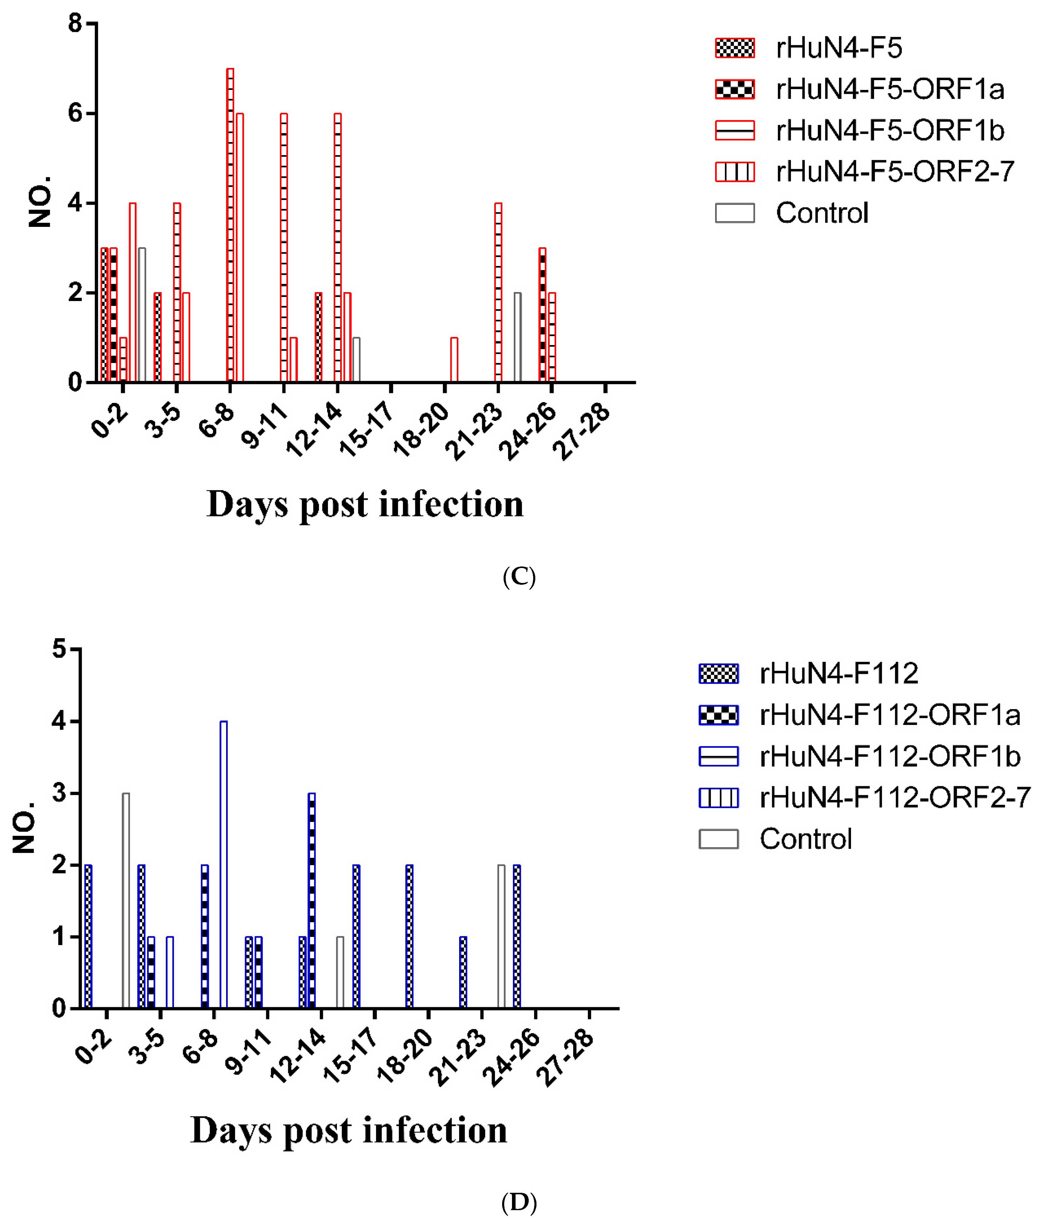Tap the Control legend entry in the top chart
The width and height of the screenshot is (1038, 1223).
click(x=821, y=213)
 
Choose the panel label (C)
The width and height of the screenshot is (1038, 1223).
click(x=519, y=576)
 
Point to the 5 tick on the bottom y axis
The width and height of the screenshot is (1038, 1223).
click(x=59, y=650)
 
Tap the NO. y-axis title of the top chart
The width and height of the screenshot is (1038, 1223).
click(x=40, y=202)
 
